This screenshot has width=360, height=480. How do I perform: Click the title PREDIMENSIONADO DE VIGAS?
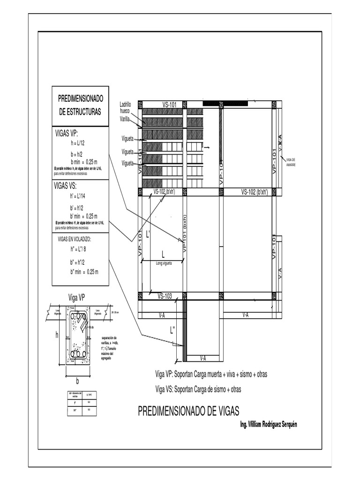188,412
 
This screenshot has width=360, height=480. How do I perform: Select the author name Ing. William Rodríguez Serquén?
268,424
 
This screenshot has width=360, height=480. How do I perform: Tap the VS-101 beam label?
169,105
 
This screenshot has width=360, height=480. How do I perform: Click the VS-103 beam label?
165,296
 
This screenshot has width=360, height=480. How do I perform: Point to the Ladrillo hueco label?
125,107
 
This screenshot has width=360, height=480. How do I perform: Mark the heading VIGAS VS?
66,186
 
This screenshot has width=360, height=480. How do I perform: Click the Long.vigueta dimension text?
164,263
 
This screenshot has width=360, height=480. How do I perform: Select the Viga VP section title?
76,297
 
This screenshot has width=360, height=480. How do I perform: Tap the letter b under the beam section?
72,381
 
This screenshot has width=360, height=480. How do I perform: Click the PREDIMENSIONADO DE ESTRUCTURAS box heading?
80,105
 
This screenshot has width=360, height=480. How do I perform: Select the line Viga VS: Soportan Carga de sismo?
198,389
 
